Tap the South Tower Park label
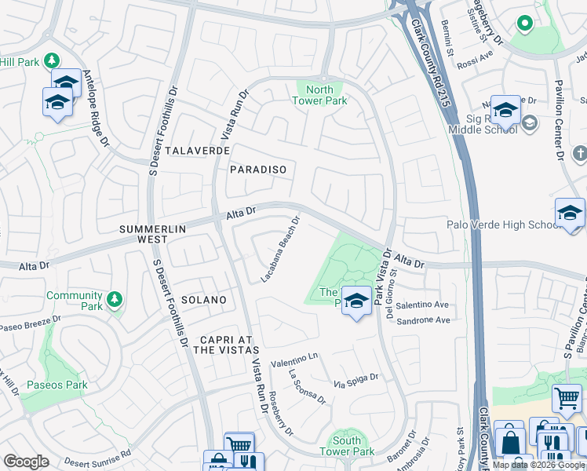pyautogui.click(x=346, y=446)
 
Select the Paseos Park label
pyautogui.click(x=57, y=385)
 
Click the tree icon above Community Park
pyautogui.click(x=115, y=299)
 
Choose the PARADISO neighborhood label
pyautogui.click(x=258, y=170)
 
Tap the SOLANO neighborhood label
pyautogui.click(x=203, y=300)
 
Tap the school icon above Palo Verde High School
pyautogui.click(x=570, y=212)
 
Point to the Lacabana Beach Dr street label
pyautogui.click(x=281, y=250)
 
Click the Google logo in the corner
pyautogui.click(x=26, y=461)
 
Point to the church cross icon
pyautogui.click(x=580, y=154)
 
